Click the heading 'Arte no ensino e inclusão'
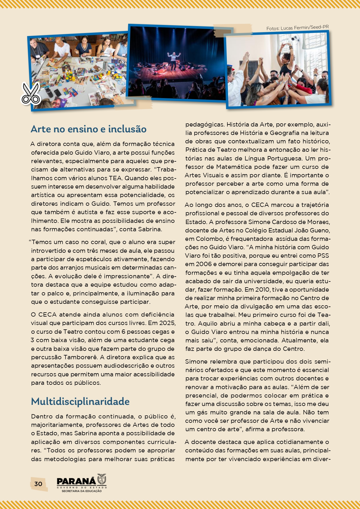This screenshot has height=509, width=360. (x=88, y=129)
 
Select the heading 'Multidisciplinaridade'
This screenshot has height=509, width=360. (x=80, y=402)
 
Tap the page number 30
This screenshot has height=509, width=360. (x=38, y=484)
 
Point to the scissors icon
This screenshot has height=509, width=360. (x=30, y=93)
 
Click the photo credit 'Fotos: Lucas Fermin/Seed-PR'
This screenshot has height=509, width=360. (x=297, y=28)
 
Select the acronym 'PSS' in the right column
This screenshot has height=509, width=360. (x=323, y=256)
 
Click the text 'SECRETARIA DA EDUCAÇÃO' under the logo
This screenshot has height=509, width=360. (x=82, y=491)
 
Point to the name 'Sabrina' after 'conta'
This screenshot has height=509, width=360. (x=149, y=229)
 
